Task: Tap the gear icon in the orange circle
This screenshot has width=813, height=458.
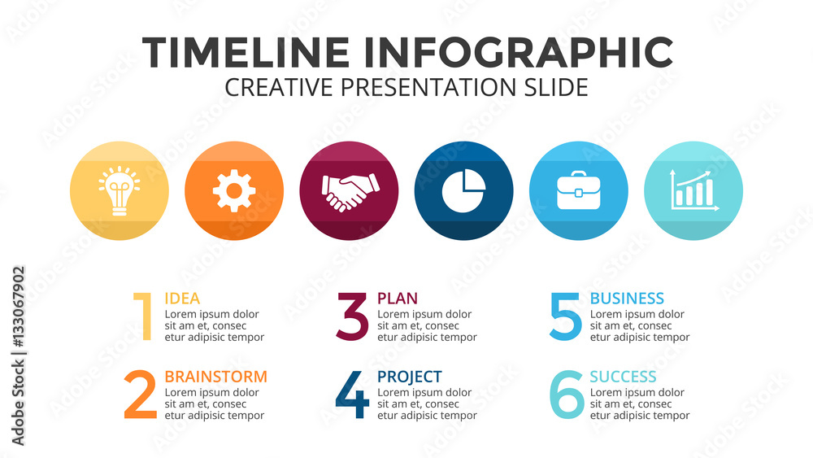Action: [x=234, y=191]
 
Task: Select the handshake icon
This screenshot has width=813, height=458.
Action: [x=350, y=192]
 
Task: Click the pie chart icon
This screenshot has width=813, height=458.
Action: [x=464, y=190]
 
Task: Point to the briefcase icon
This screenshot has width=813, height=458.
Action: [x=579, y=190]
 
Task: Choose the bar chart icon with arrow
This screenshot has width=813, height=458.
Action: [x=694, y=190]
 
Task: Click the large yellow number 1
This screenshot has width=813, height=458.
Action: [x=143, y=316]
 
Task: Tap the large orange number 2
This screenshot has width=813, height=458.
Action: [x=141, y=395]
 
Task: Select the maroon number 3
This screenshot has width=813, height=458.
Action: [x=353, y=316]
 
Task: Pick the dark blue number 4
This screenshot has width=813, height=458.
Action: [x=353, y=395]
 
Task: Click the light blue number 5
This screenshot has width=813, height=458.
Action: [x=565, y=316]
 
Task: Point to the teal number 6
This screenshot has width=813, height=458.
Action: [x=567, y=395]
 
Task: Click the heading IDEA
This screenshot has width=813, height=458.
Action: [x=182, y=299]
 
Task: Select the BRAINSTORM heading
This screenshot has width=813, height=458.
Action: [x=215, y=377]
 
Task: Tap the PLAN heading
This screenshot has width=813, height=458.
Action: [x=398, y=299]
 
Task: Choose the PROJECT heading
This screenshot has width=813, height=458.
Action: [x=410, y=377]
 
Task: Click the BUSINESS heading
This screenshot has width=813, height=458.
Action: [x=627, y=299]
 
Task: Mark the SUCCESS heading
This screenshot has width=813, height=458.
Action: [x=624, y=377]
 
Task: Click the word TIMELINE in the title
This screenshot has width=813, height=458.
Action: [x=246, y=52]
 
